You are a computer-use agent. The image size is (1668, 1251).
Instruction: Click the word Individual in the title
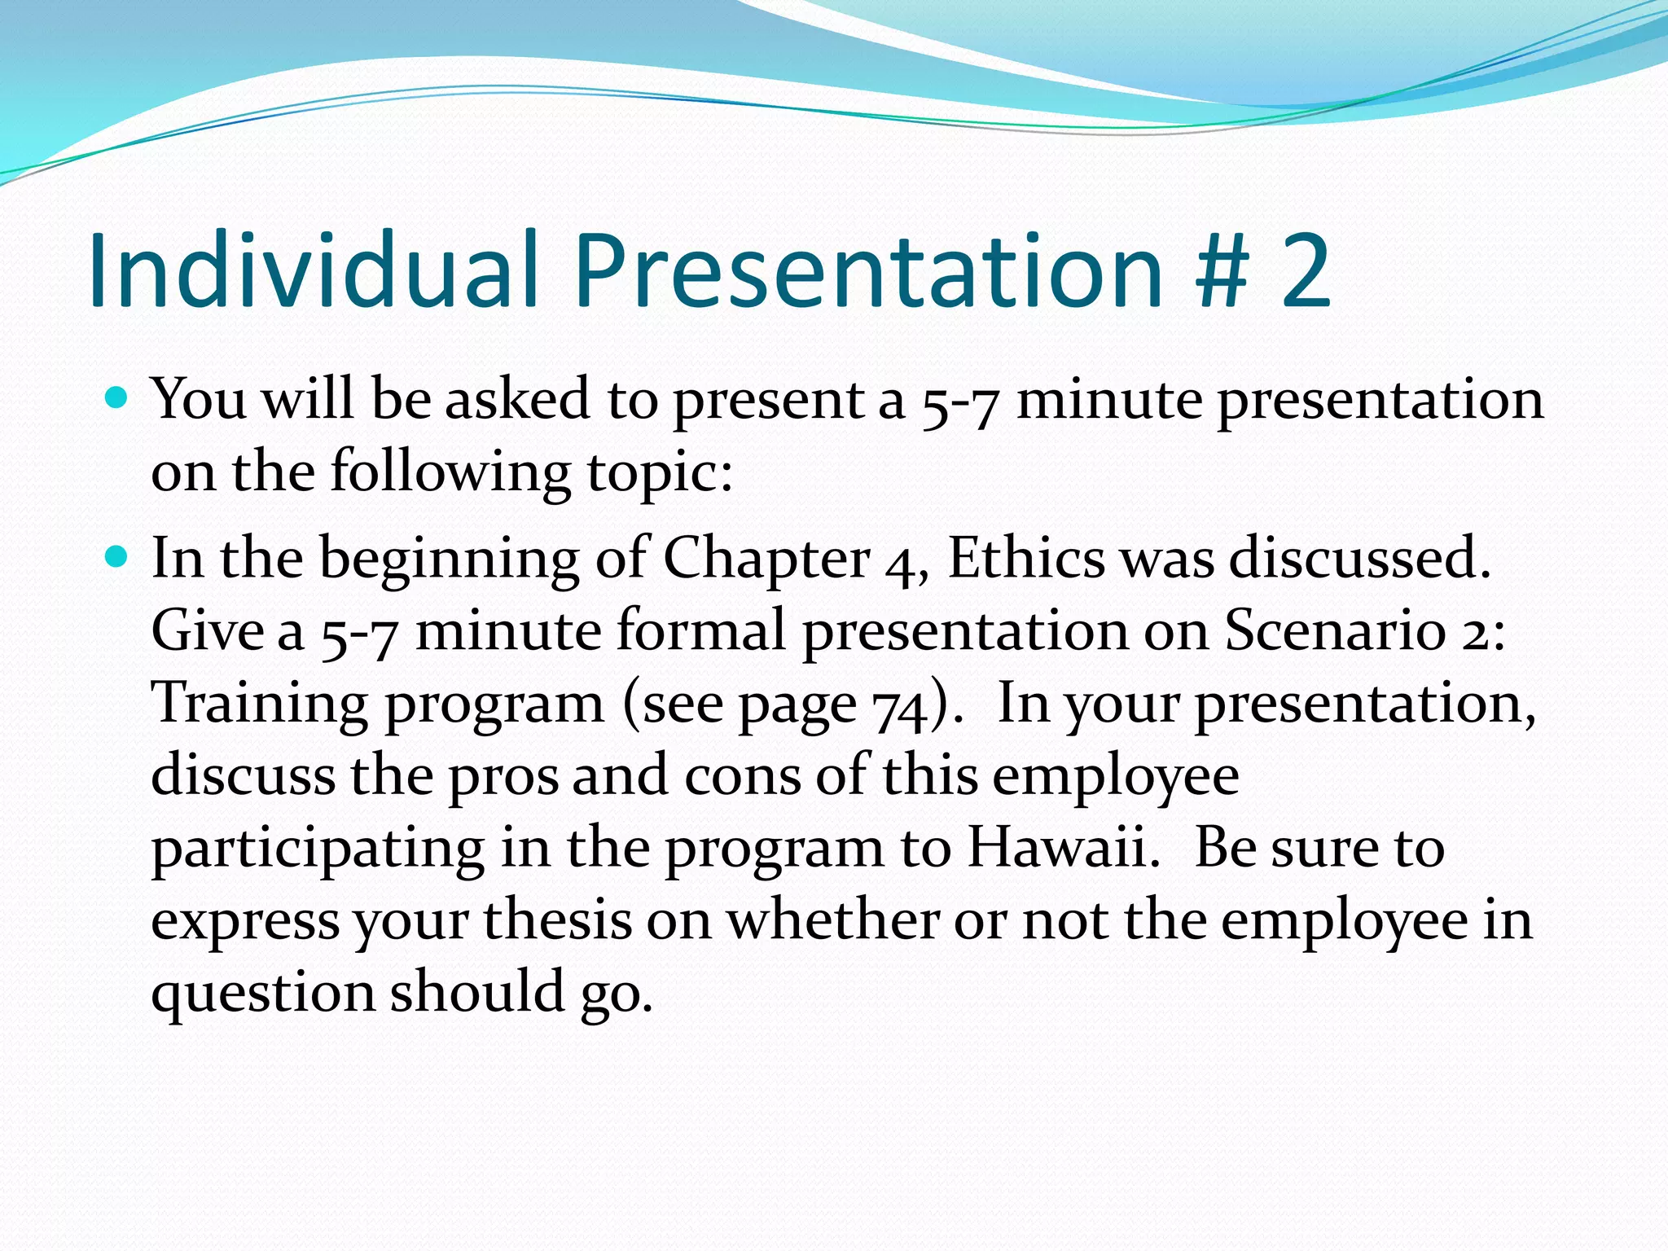(314, 270)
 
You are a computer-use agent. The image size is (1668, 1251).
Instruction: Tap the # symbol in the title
(1222, 270)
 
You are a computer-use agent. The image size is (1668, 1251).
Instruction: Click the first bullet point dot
(118, 398)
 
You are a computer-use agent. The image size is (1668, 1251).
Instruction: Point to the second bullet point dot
(118, 557)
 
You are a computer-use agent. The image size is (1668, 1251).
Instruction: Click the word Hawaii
(1063, 848)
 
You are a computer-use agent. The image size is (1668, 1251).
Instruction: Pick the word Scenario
(1336, 630)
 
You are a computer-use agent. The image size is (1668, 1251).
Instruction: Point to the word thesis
(558, 920)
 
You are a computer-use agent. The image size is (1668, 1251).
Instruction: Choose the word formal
(700, 630)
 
